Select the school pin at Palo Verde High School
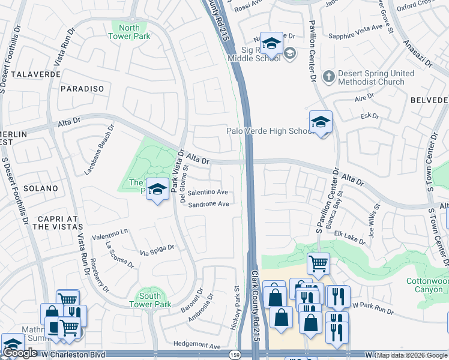point(321,122)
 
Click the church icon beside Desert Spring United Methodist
point(328,77)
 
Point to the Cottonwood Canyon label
point(427,286)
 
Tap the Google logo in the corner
point(20,353)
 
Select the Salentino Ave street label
point(207,193)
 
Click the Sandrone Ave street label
point(209,204)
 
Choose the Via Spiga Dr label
point(157,248)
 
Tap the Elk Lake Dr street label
point(350,238)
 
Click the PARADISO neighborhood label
point(82,89)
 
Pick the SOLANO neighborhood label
point(41,188)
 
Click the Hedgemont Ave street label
point(197,345)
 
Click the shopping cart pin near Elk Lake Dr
point(318,263)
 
